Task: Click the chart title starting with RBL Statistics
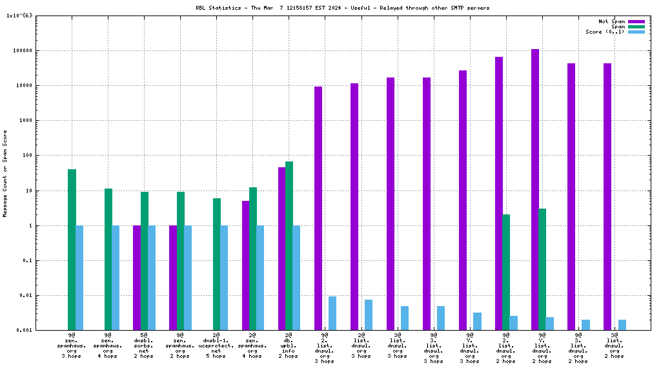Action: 342,8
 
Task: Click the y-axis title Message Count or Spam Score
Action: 5,173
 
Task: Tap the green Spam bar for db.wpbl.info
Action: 289,245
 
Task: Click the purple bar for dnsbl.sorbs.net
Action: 137,278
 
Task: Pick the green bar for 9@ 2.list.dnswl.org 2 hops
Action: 506,272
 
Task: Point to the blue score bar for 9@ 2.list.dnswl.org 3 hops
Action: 332,313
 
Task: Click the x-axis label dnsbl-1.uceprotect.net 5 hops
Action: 216,346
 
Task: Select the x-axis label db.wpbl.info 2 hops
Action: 289,346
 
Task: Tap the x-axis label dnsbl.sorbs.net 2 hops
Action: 144,346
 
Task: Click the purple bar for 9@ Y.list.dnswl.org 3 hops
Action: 463,200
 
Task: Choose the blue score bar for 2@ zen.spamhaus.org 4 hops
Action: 260,278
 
